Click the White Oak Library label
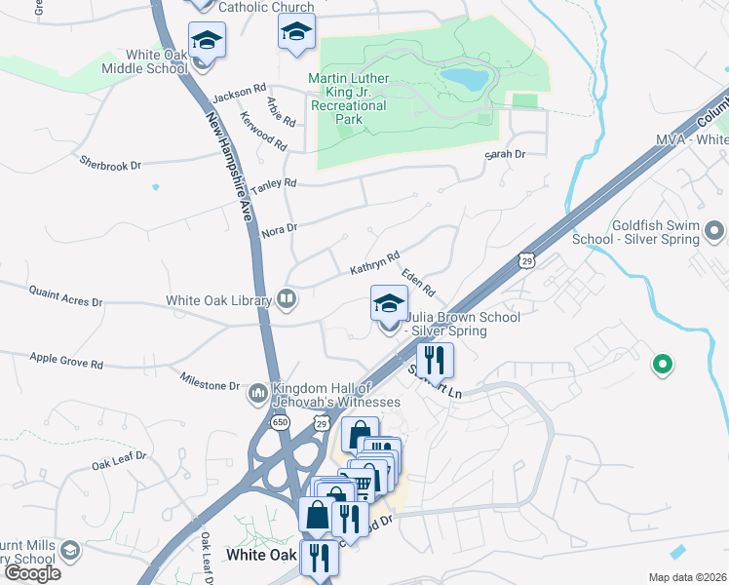coord(218,300)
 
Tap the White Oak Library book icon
coord(287,298)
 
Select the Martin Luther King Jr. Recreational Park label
coord(348,98)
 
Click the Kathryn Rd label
coord(375,263)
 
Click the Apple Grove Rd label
coord(66,363)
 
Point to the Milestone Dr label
coord(210,379)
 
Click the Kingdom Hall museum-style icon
coord(258,393)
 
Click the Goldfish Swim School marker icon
coord(715,232)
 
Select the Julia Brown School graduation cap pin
coord(389,304)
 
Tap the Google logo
coord(32,573)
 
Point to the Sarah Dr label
coord(506,154)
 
